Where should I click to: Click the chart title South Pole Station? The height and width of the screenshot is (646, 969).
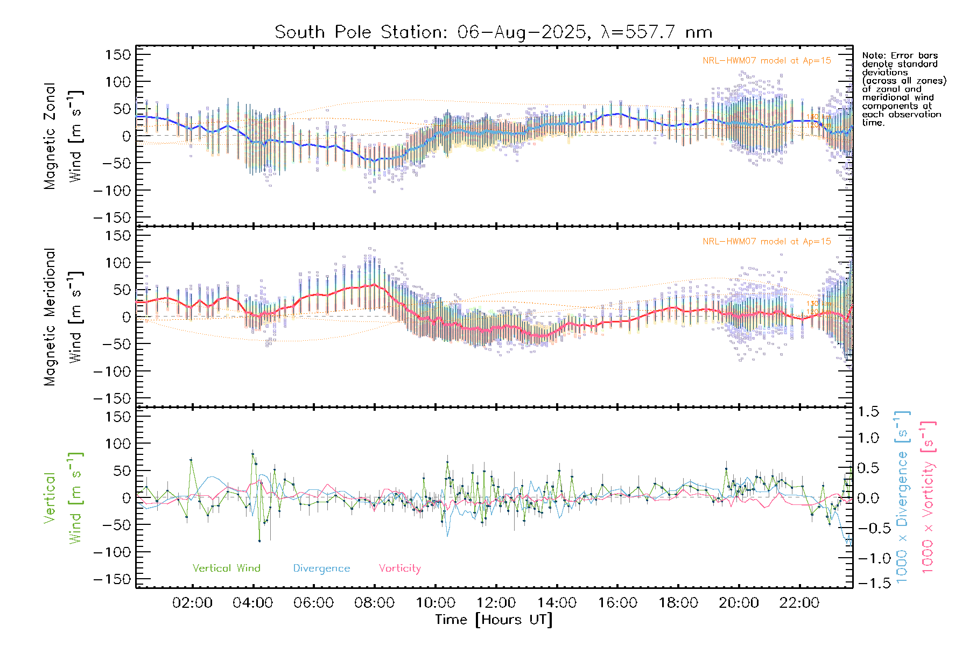[493, 32]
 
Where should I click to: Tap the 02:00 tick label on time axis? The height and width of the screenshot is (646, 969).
[192, 603]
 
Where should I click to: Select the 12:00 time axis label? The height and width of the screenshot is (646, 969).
[496, 603]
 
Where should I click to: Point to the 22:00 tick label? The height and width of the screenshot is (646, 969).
[799, 603]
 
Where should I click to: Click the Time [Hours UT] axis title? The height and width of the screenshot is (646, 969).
[494, 620]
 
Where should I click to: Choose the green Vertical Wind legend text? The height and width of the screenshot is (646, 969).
[226, 568]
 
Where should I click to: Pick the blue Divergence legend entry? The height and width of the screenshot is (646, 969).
[321, 568]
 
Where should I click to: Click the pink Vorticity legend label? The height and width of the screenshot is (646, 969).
[399, 568]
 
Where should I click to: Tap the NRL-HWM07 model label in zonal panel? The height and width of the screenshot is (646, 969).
[767, 61]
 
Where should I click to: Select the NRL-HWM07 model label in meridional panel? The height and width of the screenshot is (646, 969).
[767, 242]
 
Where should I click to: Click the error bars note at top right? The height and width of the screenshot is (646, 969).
[903, 89]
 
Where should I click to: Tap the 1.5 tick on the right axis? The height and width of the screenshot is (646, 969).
[868, 412]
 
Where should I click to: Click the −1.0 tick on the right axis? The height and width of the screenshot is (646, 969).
[867, 558]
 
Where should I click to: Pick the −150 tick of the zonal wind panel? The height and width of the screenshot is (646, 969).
[112, 217]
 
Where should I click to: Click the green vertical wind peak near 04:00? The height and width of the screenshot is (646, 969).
[252, 454]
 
